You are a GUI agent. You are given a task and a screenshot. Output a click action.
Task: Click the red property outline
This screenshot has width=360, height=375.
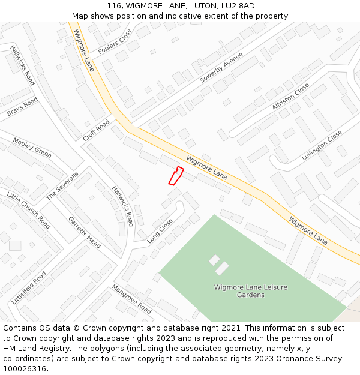[x=175, y=176]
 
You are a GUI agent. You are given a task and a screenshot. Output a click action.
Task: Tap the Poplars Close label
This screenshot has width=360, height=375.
[x=115, y=41]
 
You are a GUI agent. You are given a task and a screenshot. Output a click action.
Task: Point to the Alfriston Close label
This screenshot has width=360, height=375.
[x=290, y=96]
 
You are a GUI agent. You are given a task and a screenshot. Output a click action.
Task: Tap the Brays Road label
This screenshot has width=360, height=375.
[x=22, y=107]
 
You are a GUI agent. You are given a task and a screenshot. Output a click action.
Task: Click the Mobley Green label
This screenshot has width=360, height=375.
[x=32, y=148]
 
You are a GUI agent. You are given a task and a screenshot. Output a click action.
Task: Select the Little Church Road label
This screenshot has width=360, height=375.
[x=28, y=210]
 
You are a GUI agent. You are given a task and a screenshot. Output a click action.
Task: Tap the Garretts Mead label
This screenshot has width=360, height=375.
[x=84, y=232]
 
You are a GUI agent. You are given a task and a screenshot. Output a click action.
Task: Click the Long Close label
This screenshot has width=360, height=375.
[x=160, y=231]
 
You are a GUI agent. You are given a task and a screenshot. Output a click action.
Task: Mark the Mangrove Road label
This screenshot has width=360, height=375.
[x=131, y=299]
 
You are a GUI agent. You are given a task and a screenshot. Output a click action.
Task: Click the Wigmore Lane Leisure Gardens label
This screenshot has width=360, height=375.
[x=251, y=291]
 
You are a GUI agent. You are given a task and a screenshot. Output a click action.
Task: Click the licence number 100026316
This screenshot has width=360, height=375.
[x=23, y=369]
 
